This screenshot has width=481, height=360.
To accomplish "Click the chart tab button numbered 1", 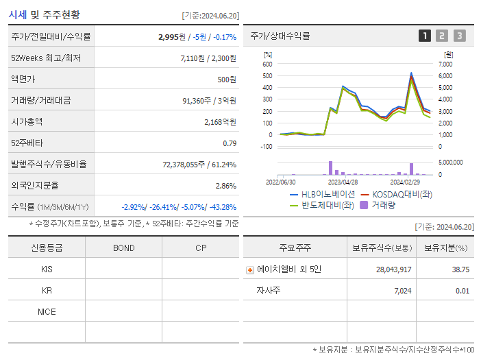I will point(425,36).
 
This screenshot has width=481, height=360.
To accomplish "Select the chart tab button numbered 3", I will point(459,36).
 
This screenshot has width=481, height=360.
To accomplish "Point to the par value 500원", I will point(227,80).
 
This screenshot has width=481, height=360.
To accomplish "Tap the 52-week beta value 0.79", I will point(230,143).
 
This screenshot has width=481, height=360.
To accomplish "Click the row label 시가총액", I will point(27,122).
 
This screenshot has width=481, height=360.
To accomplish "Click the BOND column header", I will point(123,248).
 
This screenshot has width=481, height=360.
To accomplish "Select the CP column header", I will point(201,248).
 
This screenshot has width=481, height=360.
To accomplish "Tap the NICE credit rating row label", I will point(47,312).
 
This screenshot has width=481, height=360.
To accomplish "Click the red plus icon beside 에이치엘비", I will point(250,270).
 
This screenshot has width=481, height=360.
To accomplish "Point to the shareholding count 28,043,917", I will point(393,270).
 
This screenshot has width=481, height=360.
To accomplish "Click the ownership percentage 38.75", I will point(460,270).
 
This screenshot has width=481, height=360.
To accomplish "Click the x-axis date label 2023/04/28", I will point(343,182).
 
